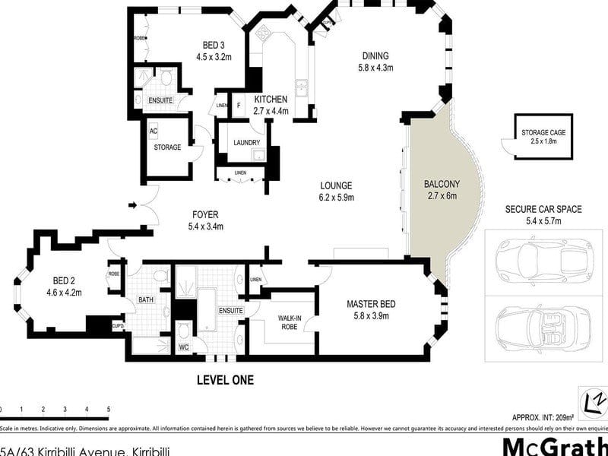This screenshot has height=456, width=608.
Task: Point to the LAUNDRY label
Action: pyautogui.click(x=246, y=143)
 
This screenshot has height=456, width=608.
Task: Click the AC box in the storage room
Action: pyautogui.click(x=153, y=131)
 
